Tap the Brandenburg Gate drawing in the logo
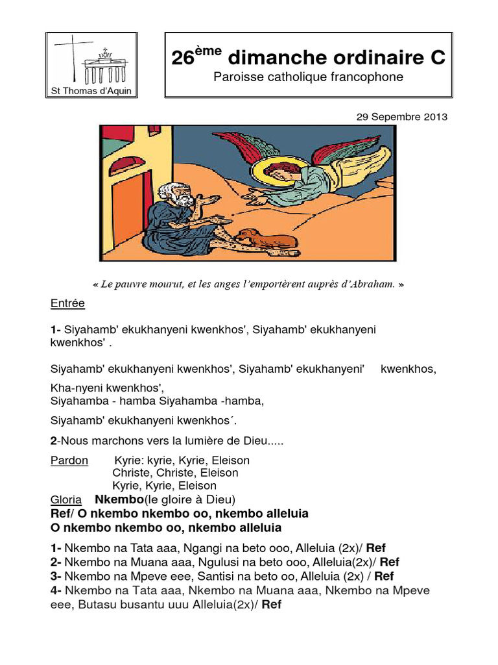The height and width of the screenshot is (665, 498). tap(105, 66)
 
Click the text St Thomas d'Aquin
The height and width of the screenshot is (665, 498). tap(91, 91)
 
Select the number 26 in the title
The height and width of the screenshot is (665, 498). tap(182, 58)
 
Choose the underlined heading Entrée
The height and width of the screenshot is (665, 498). tap(67, 304)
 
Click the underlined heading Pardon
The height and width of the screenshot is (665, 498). tap(69, 460)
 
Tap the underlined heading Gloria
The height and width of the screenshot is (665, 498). tap(66, 499)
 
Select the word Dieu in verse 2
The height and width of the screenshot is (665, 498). tap(255, 441)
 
